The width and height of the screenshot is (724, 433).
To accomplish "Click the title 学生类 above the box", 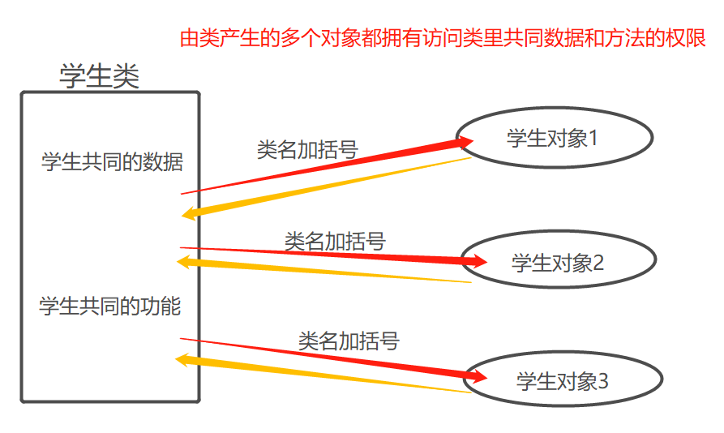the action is click(x=100, y=76).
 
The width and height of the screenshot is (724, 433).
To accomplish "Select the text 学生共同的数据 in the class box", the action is click(x=112, y=162).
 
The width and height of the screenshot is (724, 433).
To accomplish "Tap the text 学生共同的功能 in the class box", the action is click(x=110, y=307).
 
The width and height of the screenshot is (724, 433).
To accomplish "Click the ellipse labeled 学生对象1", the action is click(x=555, y=138).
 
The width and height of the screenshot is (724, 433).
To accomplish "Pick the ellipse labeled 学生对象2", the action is click(x=559, y=261).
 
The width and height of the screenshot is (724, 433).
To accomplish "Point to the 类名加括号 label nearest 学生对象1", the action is click(x=307, y=150).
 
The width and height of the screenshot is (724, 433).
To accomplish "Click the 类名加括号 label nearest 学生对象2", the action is click(x=335, y=241).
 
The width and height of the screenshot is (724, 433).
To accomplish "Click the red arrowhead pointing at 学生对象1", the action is click(x=465, y=143).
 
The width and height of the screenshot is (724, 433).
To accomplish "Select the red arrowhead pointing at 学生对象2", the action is click(x=478, y=261).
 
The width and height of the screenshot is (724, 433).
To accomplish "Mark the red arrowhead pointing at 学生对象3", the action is click(x=478, y=377).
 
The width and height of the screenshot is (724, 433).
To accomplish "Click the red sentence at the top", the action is click(x=443, y=37).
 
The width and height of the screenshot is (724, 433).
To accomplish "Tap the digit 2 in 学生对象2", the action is click(x=598, y=262).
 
